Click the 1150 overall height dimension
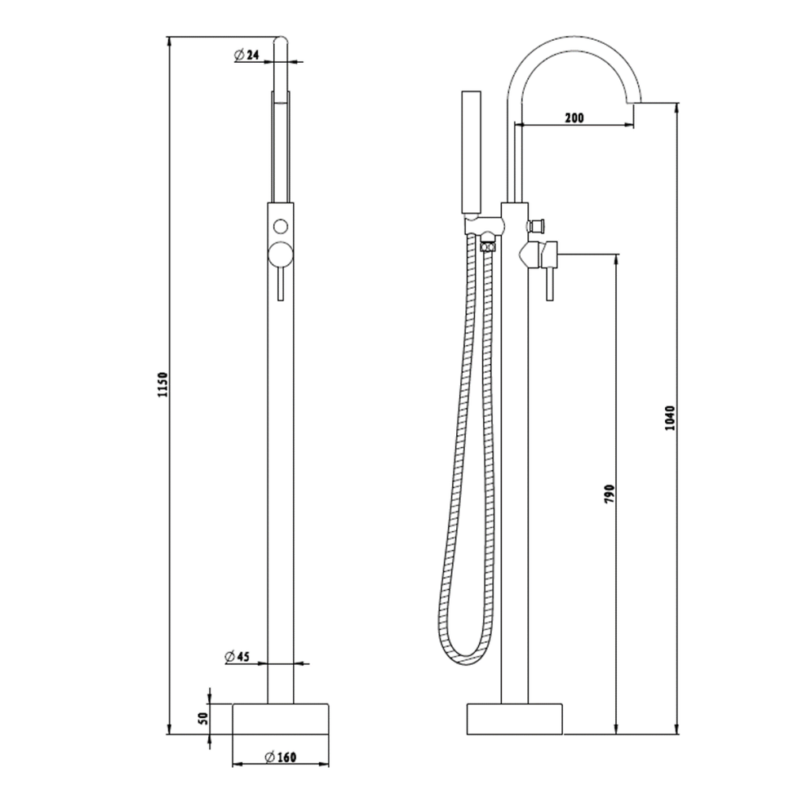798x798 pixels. pyautogui.click(x=162, y=385)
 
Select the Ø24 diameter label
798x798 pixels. pyautogui.click(x=246, y=55)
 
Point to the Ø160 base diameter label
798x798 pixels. pyautogui.click(x=280, y=756)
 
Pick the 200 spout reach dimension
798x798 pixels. pyautogui.click(x=574, y=117)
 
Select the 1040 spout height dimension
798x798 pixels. pyautogui.click(x=671, y=418)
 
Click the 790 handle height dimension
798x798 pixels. pyautogui.click(x=609, y=494)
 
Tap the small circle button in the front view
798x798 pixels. pyautogui.click(x=281, y=226)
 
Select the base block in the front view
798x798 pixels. pyautogui.click(x=280, y=718)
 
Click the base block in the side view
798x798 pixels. pyautogui.click(x=515, y=718)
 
